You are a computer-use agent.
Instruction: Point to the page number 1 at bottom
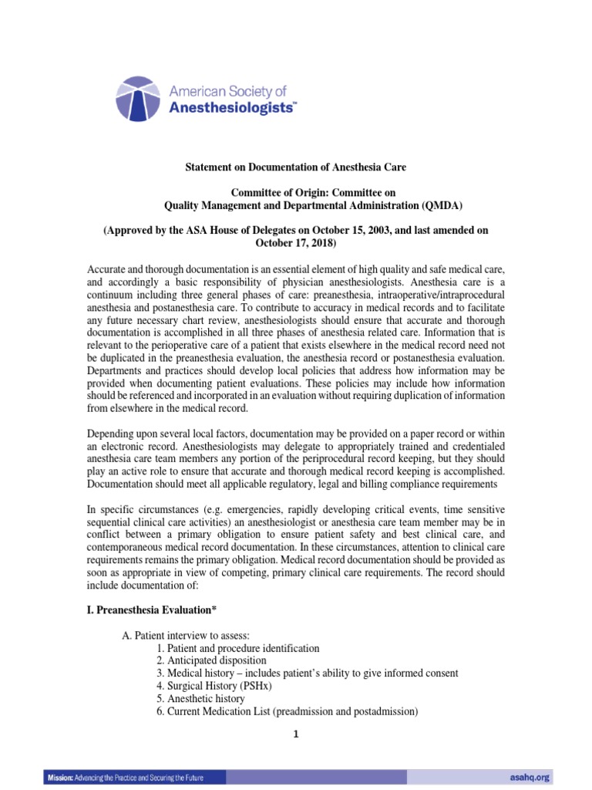coord(295,734)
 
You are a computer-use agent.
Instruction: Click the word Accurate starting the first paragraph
coord(106,267)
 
